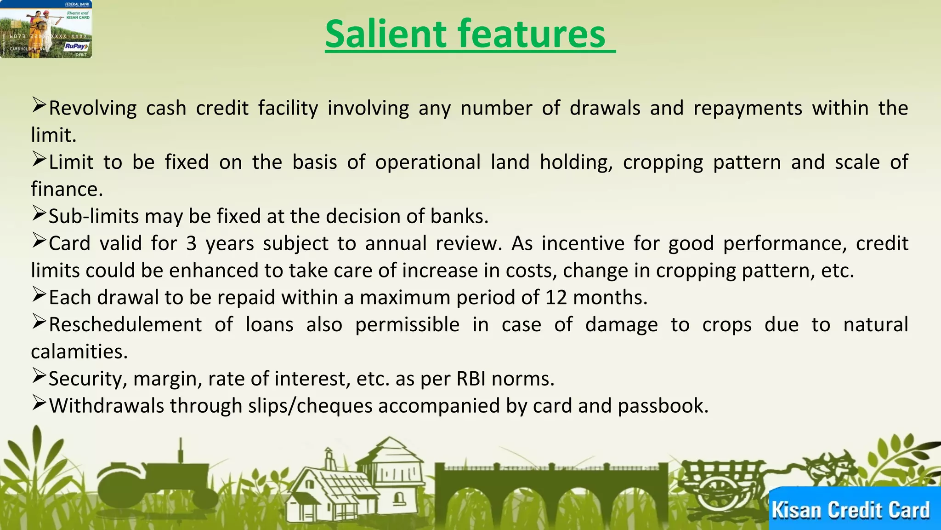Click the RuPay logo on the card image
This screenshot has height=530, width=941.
pos(76,46)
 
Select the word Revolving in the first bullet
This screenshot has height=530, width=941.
pos(93,109)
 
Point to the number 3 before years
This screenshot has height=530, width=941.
pos(191,243)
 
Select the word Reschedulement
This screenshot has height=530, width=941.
pos(125,325)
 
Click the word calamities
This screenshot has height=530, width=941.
pos(79,352)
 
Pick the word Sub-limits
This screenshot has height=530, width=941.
pos(94,216)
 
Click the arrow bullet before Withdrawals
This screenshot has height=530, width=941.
pos(39,403)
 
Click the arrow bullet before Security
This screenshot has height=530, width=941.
pos(39,376)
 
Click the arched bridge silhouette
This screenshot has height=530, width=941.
pos(551,488)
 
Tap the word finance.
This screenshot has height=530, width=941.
pos(66,190)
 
